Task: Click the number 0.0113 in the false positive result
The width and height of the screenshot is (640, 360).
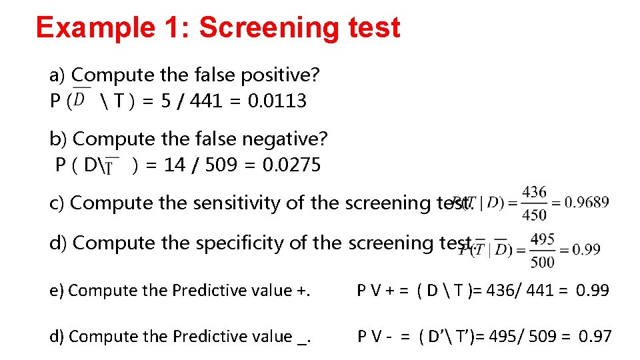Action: (x=277, y=101)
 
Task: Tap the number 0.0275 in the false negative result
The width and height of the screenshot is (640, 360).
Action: (x=292, y=165)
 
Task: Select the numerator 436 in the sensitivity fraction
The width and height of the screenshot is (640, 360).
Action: (x=534, y=193)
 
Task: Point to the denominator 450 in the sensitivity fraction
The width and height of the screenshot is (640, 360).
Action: (x=534, y=214)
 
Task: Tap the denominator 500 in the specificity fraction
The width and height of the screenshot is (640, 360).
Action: (x=543, y=261)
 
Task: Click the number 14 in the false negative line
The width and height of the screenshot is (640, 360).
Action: (x=174, y=165)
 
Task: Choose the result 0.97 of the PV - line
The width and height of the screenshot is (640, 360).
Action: (x=595, y=337)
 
